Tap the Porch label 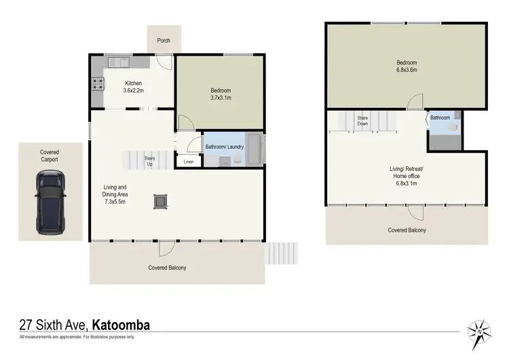click(164, 41)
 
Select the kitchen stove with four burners click(98, 86)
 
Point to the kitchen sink click(122, 62)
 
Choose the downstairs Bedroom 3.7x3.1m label click(220, 94)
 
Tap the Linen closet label click(189, 162)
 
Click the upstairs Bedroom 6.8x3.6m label click(406, 66)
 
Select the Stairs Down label click(363, 122)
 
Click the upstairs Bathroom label click(440, 118)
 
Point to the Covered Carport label click(50, 156)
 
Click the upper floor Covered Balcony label click(407, 230)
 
